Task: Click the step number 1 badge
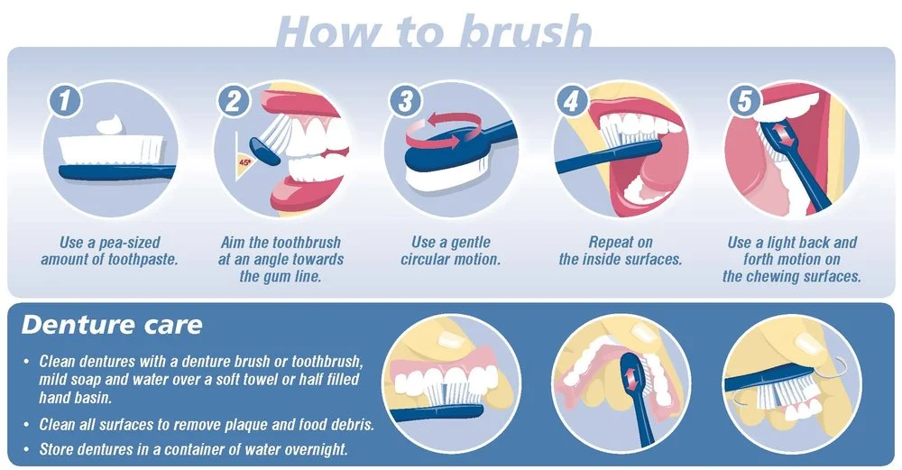pos(65,100)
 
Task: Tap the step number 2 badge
pos(234,101)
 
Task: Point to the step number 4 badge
pos(571,101)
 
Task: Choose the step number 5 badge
pos(744,101)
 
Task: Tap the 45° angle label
pos(245,162)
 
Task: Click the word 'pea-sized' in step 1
pos(129,243)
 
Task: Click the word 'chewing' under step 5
pos(769,277)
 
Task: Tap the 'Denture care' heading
pos(112,325)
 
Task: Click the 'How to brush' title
pos(435,32)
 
